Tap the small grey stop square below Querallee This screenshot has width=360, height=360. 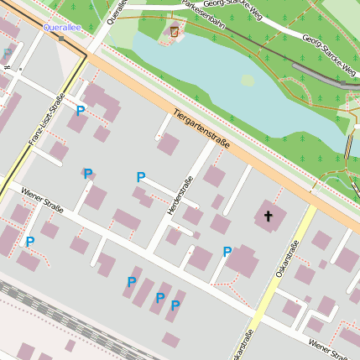point(60,39)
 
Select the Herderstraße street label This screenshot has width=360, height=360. point(180,195)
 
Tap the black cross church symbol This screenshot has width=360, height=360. point(269,217)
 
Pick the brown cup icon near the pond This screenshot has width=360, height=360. point(175,32)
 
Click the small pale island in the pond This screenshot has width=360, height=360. point(248,81)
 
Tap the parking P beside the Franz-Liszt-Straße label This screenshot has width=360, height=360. point(81,110)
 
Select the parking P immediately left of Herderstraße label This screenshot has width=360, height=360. point(141,177)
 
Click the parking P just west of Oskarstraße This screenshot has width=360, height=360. point(227,251)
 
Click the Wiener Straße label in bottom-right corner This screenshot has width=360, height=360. point(331,347)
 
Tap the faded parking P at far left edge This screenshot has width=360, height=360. point(7,55)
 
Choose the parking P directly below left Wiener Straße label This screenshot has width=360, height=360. point(30,242)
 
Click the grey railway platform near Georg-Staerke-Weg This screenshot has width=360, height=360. point(323,76)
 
